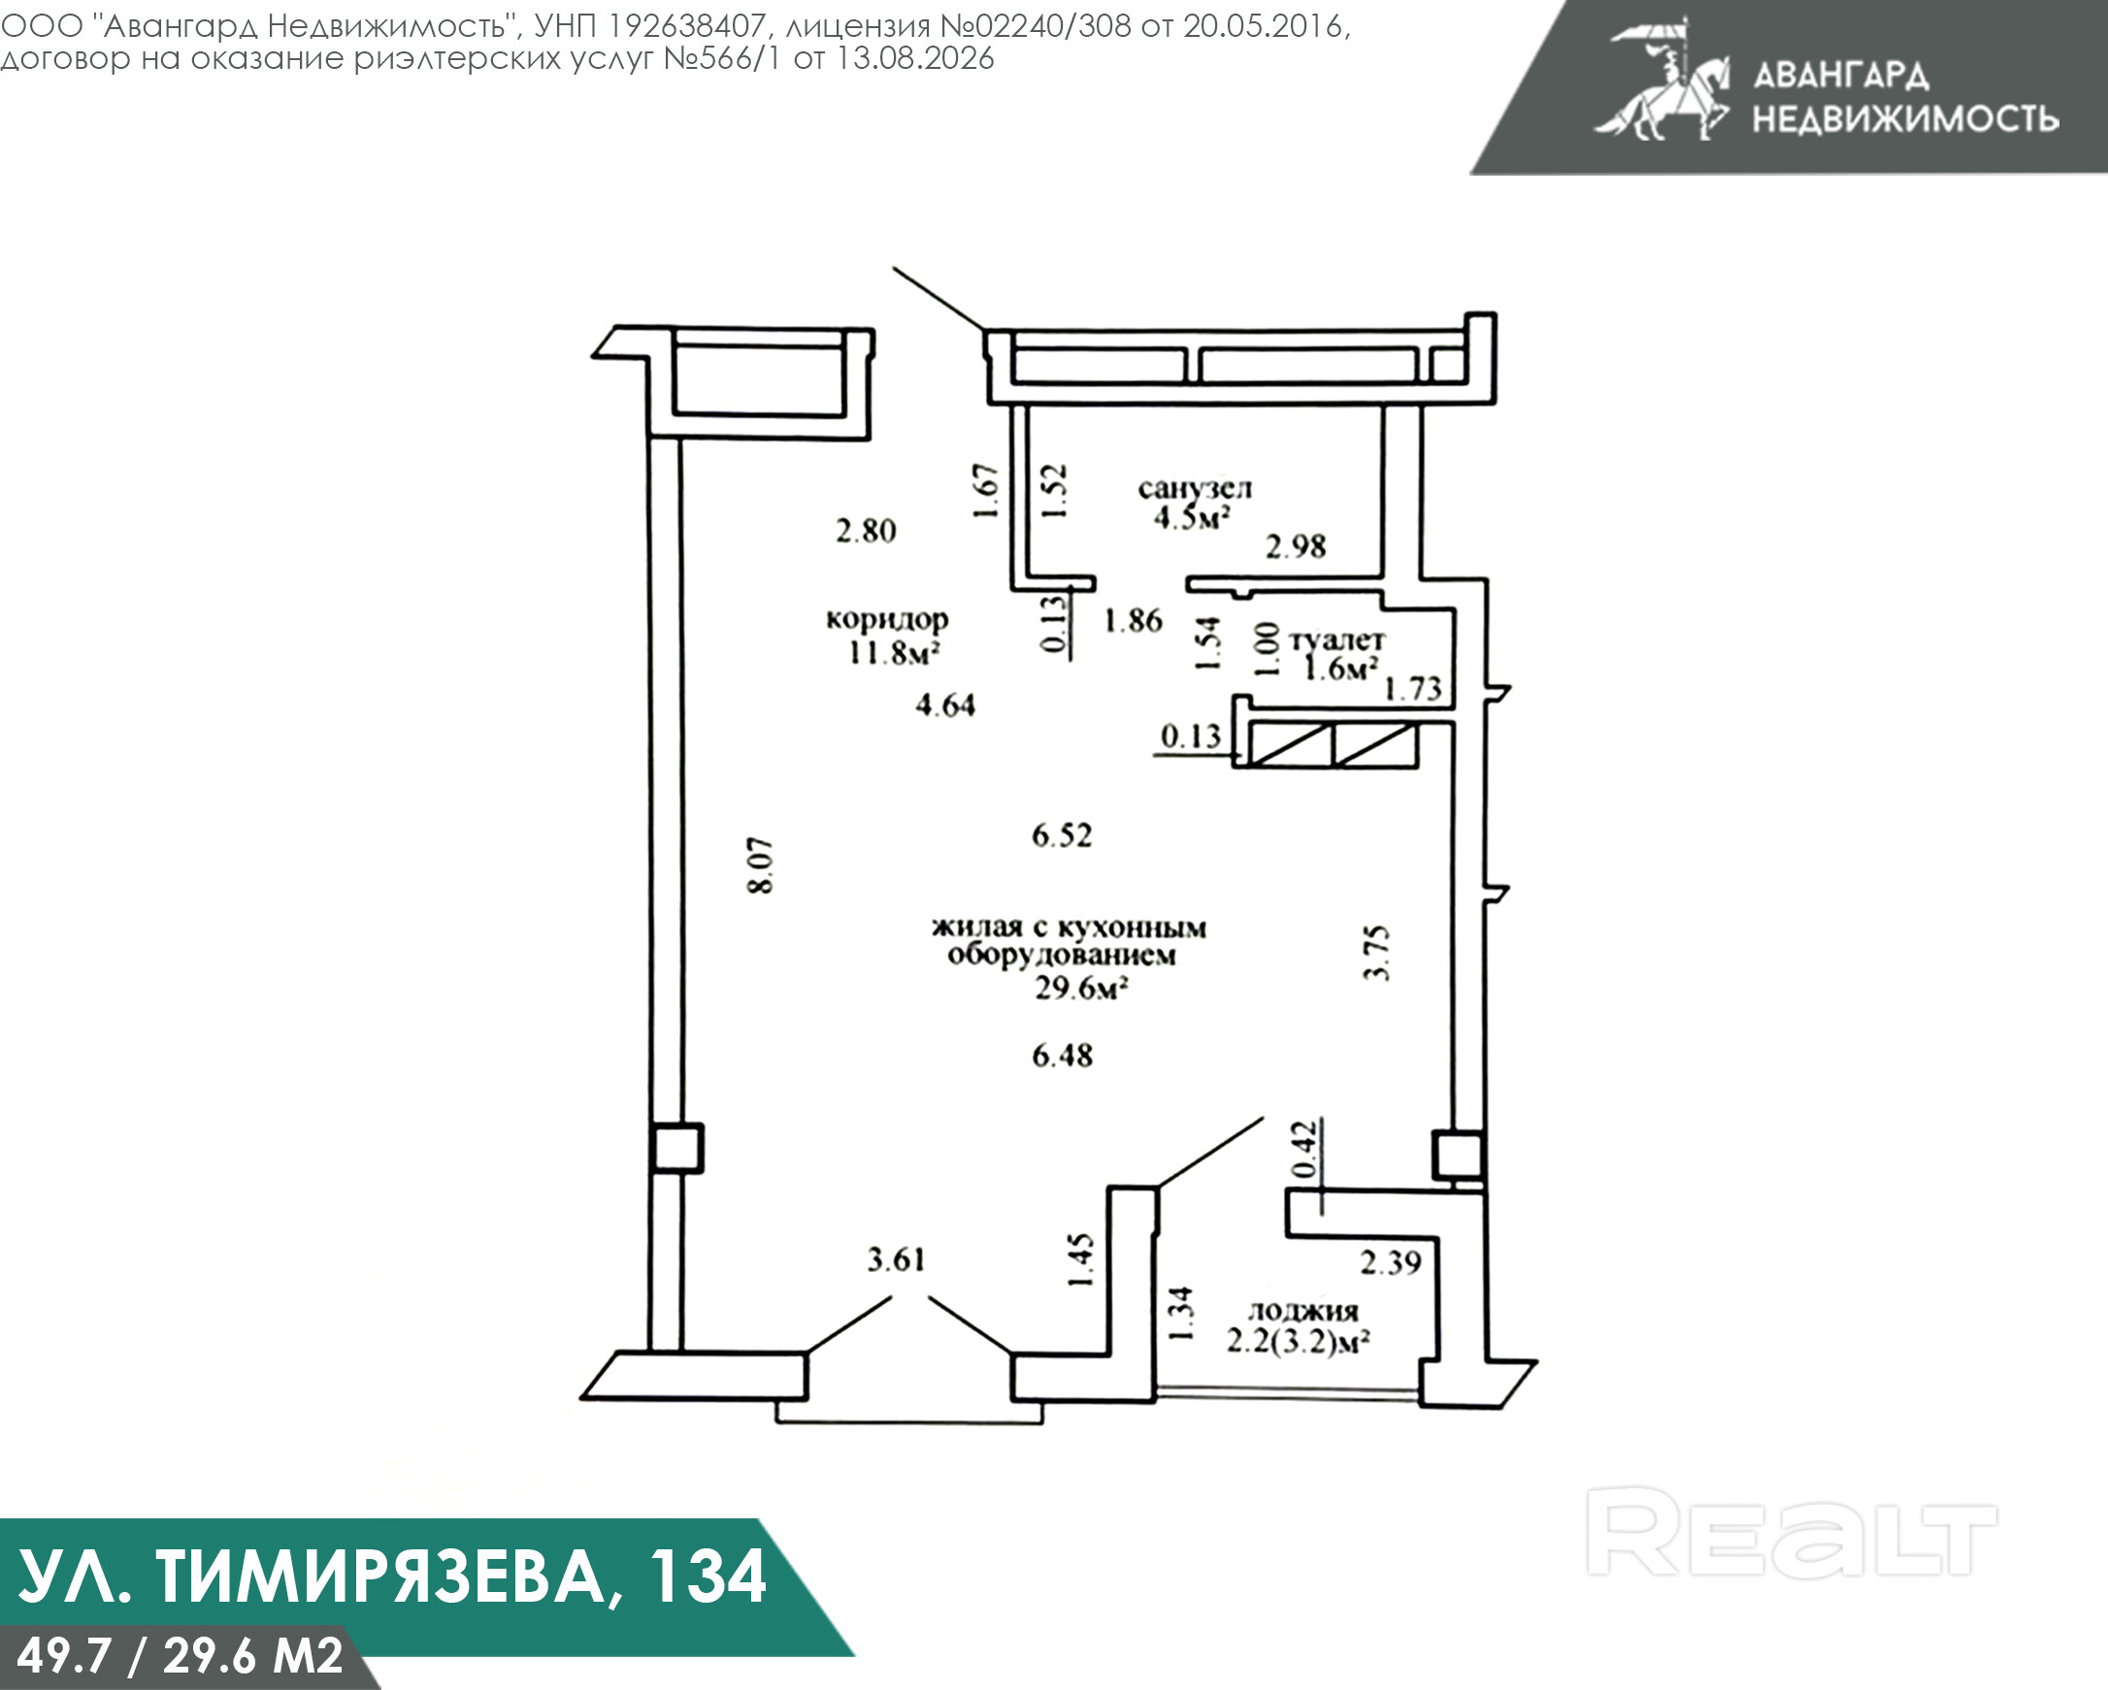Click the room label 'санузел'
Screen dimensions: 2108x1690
click(1195, 489)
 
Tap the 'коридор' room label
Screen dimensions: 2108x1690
click(887, 620)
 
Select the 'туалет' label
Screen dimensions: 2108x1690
click(1336, 641)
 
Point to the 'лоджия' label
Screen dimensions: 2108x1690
click(1303, 1313)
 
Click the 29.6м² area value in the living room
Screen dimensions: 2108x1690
click(1081, 989)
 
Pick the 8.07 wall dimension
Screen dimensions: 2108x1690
click(762, 865)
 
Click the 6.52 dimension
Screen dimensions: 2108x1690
click(1062, 835)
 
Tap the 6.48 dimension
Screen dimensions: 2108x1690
click(1062, 1056)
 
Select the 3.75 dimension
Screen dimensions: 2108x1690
click(1376, 953)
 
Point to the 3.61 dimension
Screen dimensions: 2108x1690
click(896, 1260)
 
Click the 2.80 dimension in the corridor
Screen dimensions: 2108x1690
click(866, 531)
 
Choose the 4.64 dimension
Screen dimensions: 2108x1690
click(945, 704)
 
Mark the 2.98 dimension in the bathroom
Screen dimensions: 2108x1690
click(1296, 546)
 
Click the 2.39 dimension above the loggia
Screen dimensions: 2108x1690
click(1391, 1263)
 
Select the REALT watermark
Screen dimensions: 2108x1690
click(1792, 1532)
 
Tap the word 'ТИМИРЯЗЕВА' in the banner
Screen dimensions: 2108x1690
click(380, 1576)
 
